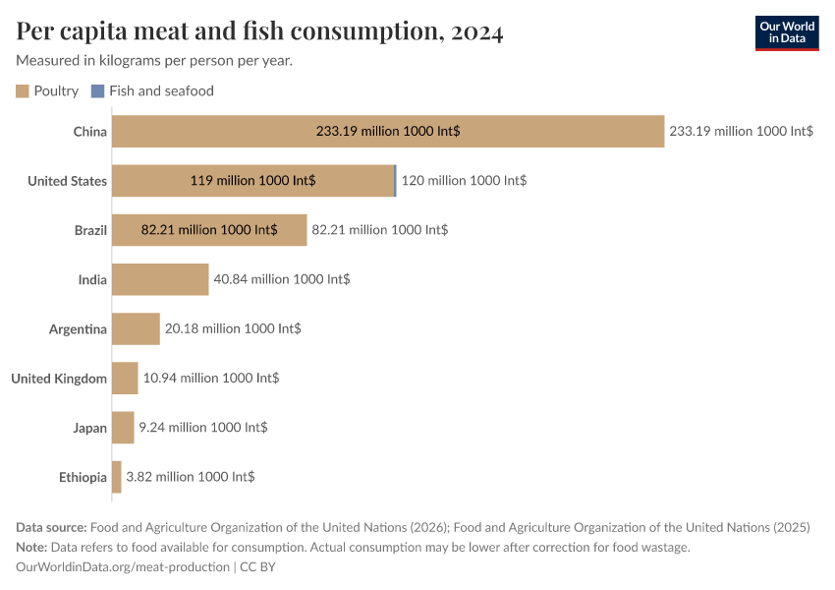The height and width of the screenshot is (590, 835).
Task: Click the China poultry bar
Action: [388, 131]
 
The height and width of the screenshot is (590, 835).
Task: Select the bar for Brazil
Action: [209, 229]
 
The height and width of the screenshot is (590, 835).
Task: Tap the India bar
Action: [160, 279]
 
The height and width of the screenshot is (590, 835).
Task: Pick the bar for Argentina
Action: [136, 328]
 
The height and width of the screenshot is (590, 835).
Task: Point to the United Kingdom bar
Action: [125, 378]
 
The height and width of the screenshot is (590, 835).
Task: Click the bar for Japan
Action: [123, 428]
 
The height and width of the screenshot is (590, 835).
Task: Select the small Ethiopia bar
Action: [117, 477]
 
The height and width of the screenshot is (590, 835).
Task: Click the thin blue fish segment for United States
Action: [396, 180]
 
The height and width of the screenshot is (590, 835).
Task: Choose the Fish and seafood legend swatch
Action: [96, 90]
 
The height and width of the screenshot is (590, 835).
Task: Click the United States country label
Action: [67, 181]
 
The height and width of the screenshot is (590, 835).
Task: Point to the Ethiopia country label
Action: [83, 477]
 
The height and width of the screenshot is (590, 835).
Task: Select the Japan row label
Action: [89, 428]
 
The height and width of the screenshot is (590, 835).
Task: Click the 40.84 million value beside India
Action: [282, 279]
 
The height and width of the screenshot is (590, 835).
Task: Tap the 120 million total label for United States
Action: [464, 181]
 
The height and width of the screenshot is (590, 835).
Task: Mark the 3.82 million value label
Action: [191, 477]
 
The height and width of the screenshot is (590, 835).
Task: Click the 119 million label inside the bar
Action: [252, 181]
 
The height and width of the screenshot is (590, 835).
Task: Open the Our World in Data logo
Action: [787, 32]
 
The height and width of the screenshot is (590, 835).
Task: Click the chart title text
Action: [259, 31]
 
